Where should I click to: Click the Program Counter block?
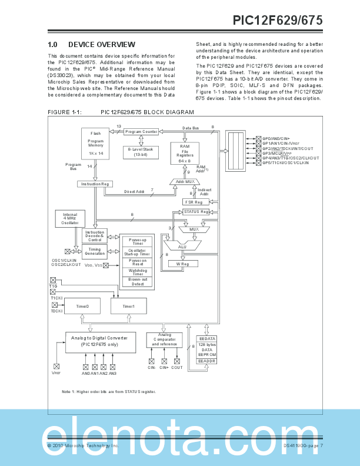point(141,132)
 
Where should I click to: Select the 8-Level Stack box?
point(141,152)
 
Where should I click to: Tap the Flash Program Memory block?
point(96,145)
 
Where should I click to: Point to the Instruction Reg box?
point(94,184)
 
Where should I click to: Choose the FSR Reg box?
point(195,201)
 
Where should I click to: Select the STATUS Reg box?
point(195,211)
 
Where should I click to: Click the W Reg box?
point(182,264)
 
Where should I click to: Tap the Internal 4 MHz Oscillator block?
point(69,219)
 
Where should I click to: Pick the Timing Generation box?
point(94,251)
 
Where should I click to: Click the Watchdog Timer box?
point(137,273)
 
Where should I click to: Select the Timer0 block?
point(82,307)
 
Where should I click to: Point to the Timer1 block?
point(128,307)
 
